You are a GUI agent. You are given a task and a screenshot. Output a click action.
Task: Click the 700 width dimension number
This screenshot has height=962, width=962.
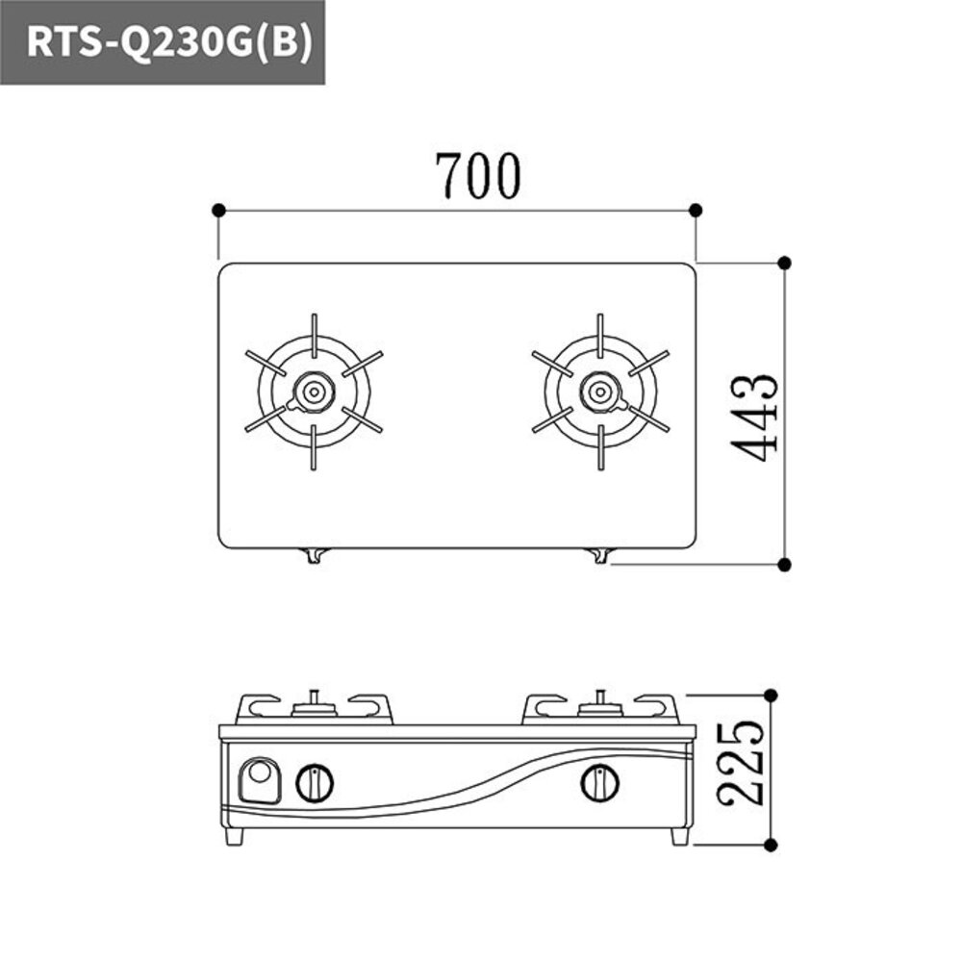pos(478,176)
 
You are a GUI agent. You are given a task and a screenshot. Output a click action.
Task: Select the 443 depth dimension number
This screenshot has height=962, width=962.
pos(752,416)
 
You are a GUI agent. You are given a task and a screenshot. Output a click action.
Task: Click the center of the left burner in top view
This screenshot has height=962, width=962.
pos(314,392)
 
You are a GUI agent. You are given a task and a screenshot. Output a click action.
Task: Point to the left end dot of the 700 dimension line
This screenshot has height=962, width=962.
pos(218,210)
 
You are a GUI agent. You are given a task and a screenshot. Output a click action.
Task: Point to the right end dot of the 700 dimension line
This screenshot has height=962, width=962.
pos(696,210)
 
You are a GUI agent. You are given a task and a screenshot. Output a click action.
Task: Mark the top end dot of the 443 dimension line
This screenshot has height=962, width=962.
pos(784,262)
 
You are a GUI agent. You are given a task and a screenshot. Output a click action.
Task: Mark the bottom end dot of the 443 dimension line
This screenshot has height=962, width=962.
pos(784,564)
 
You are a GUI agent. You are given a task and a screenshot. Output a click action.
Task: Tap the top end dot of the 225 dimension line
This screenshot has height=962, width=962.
pos(772,694)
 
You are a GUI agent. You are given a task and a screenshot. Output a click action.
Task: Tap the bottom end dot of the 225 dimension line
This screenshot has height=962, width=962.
pos(772,845)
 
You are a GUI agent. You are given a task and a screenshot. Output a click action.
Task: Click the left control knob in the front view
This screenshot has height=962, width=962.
pos(315,783)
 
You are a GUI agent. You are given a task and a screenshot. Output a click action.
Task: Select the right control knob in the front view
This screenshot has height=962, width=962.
pos(599,783)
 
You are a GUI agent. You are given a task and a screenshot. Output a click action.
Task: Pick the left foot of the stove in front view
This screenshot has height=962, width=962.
pos(234,836)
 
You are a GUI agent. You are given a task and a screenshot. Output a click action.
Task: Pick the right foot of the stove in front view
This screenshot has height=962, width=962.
pos(679,836)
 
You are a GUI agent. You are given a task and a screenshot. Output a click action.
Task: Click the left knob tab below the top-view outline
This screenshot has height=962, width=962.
pos(315,555)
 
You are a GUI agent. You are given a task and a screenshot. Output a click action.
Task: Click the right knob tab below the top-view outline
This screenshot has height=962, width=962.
pos(600,555)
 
